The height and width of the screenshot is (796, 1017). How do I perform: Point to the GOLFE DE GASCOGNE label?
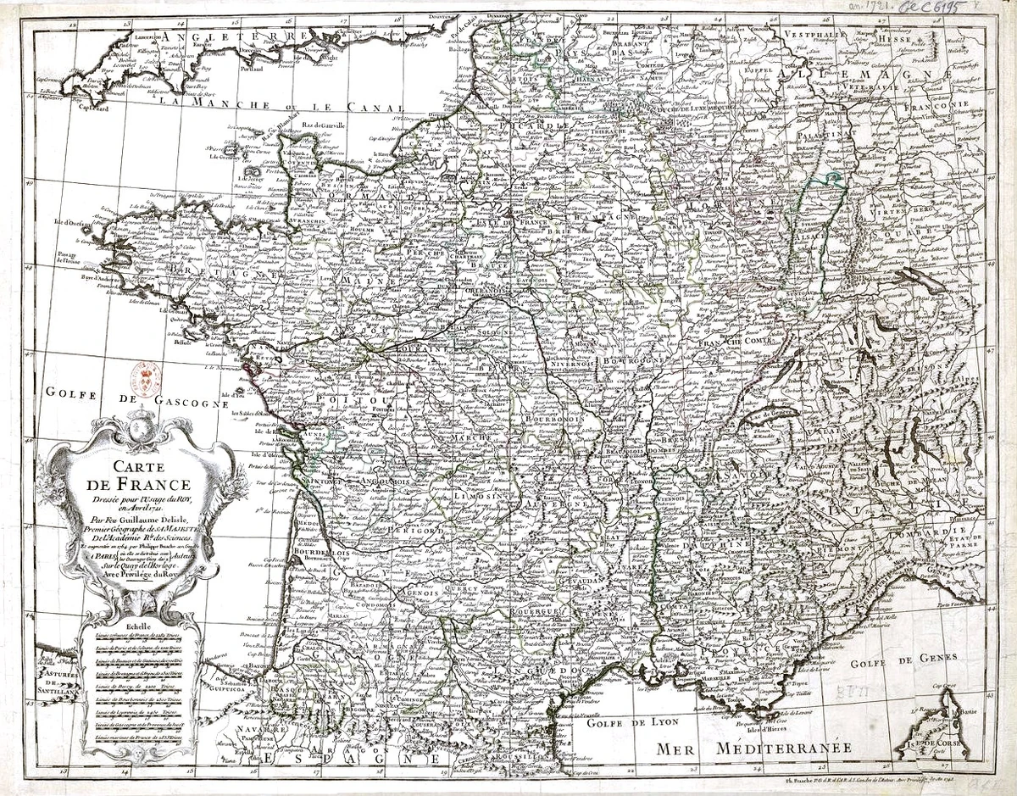click(x=137, y=398)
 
